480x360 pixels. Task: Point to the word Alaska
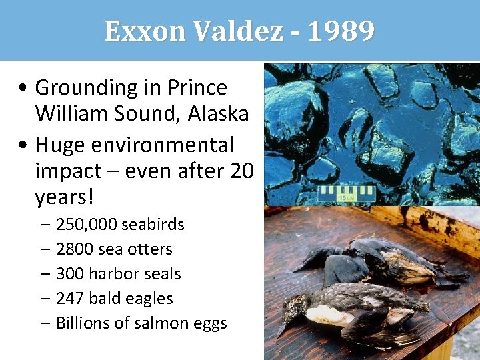pyautogui.click(x=218, y=113)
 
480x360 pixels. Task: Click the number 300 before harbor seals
pyautogui.click(x=69, y=274)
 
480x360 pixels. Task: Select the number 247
pyautogui.click(x=69, y=299)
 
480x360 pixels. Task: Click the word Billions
pyautogui.click(x=83, y=323)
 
